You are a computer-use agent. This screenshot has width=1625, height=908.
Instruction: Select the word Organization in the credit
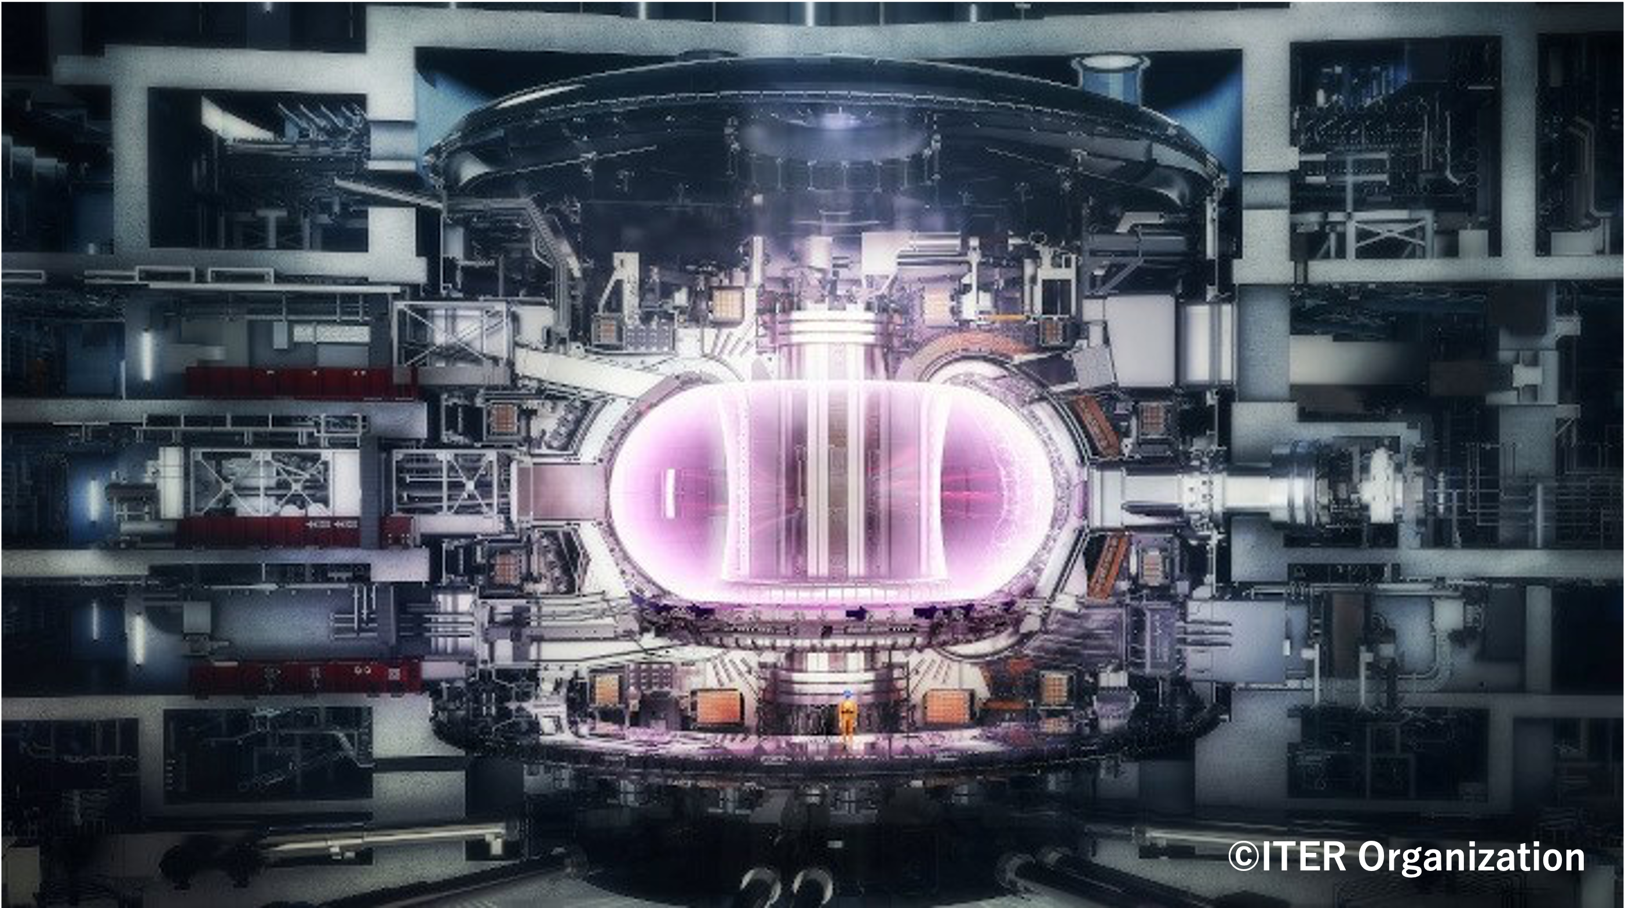click(1470, 859)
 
